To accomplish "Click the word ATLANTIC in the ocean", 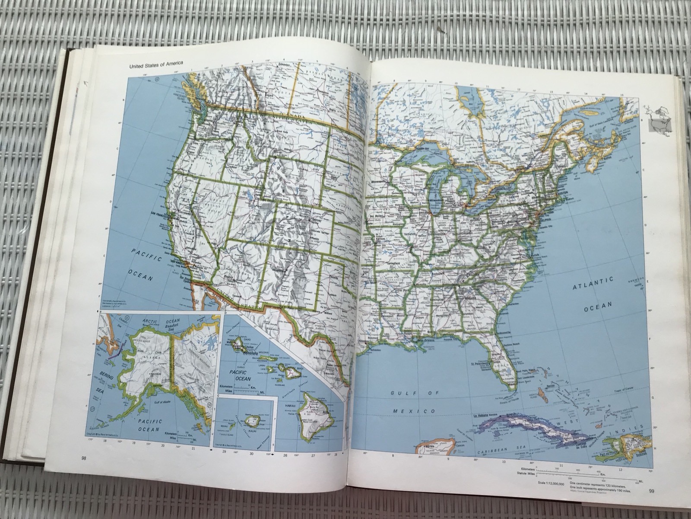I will coord(593,283).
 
